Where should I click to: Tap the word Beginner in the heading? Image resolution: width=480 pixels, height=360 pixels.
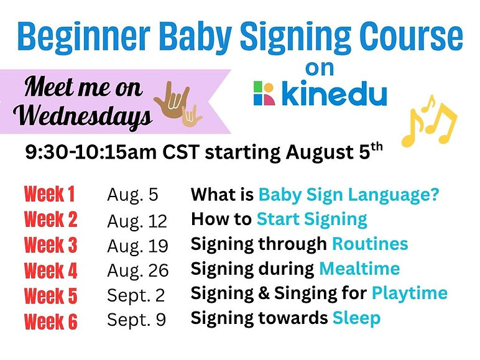[x=84, y=38]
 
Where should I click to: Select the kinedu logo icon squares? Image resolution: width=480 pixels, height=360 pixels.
[x=264, y=93]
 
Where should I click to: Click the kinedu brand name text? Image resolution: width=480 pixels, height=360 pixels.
[x=335, y=93]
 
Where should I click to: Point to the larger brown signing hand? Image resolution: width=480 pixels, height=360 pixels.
[x=173, y=99]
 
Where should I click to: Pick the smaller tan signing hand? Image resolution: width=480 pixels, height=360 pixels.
[x=191, y=116]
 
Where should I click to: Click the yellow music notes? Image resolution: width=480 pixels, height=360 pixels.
[x=429, y=121]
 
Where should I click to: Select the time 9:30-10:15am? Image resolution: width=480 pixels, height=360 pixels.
[x=91, y=152]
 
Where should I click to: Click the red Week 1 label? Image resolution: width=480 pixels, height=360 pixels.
[x=50, y=194]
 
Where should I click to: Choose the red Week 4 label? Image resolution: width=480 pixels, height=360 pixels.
[x=50, y=270]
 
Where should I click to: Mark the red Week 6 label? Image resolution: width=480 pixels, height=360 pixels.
[x=50, y=321]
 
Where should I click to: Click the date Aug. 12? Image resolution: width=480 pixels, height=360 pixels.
[x=137, y=221]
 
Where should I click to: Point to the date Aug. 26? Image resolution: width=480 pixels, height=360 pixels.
[x=138, y=270]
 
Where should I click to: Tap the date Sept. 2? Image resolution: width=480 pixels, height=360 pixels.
[x=136, y=295]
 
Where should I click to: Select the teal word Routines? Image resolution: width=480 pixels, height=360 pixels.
[x=370, y=244]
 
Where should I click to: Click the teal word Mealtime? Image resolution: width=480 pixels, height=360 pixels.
[x=359, y=269]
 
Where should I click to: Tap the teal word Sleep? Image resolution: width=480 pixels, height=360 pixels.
[x=356, y=318]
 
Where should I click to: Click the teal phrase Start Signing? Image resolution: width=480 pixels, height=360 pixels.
[x=312, y=220]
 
